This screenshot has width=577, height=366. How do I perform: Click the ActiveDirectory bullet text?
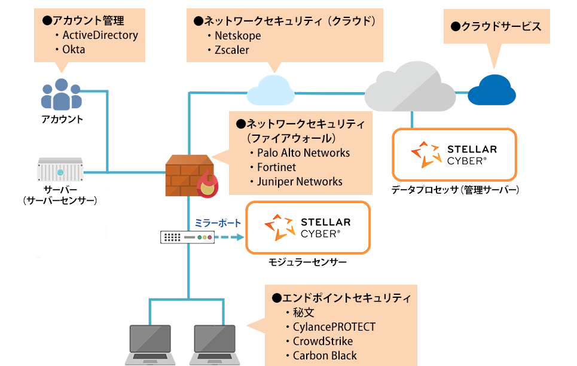point(100,35)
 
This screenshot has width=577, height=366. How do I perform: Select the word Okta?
point(74,50)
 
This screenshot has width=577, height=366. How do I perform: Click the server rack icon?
point(60,170)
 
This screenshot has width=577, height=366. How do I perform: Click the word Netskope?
point(238,36)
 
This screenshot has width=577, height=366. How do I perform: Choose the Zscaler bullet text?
point(232,50)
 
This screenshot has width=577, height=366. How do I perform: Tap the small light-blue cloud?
point(273,90)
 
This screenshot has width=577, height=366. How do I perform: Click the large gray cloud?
point(410,90)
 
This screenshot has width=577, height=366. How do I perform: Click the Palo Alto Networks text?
point(303,152)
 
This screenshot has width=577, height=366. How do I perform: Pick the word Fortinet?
point(276,167)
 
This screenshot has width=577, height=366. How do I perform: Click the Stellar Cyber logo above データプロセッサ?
point(454,154)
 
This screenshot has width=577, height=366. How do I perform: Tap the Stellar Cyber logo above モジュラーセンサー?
point(308,228)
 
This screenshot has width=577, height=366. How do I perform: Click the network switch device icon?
point(187,237)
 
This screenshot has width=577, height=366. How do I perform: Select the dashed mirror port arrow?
point(230,237)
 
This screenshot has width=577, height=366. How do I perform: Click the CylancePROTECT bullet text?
point(334,327)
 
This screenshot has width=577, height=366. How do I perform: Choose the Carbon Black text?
point(325,355)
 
